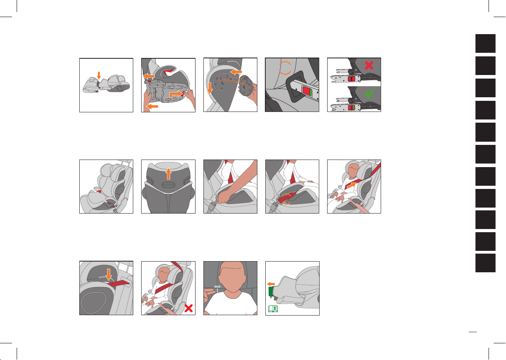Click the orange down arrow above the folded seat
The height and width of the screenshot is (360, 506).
pos(99,75)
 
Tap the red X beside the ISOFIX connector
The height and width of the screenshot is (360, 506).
pos(369,65)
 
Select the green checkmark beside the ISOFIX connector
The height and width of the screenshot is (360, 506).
pos(369,94)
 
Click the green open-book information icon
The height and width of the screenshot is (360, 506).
pos(273,309)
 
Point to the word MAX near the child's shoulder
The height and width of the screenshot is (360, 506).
pos(217,287)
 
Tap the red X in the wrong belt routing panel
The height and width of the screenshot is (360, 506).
pos(188,308)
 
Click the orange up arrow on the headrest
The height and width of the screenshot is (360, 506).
pos(168,174)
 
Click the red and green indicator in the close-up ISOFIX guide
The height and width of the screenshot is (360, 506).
pos(307,92)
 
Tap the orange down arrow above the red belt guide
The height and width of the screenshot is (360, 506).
pos(109,275)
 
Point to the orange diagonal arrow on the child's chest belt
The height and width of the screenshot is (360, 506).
pos(351,185)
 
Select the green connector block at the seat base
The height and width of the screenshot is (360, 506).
pos(271,291)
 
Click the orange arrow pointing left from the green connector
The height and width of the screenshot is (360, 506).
pos(271,284)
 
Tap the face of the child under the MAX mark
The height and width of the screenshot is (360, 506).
pos(232,277)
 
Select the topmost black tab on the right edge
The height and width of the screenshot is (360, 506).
pos(485,43)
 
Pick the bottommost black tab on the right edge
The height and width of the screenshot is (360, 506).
pos(485,263)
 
